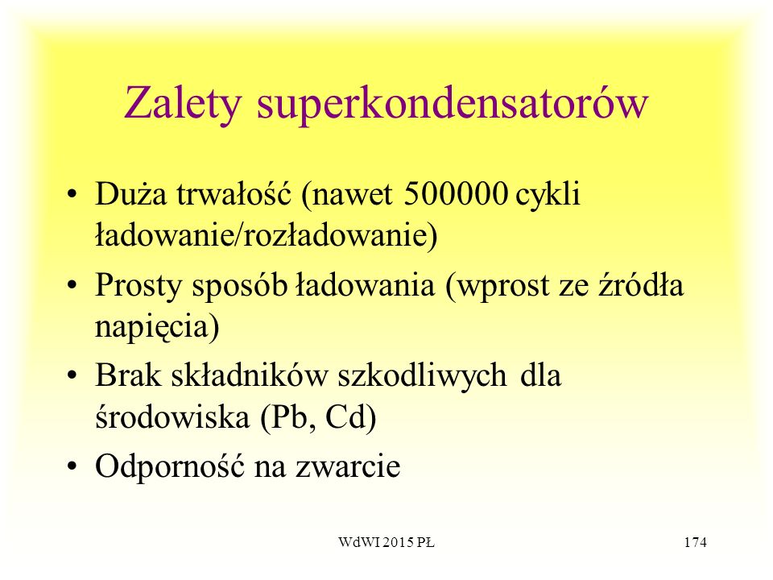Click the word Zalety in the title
(x=183, y=104)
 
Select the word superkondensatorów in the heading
(x=452, y=105)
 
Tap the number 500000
(x=456, y=193)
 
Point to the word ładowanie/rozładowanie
(x=267, y=235)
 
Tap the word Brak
(x=128, y=375)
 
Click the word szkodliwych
(x=423, y=376)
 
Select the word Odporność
(x=170, y=466)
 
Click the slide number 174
(x=695, y=542)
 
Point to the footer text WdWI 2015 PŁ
(x=386, y=542)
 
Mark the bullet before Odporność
(x=72, y=466)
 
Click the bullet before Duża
(x=72, y=194)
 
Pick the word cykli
(x=548, y=194)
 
